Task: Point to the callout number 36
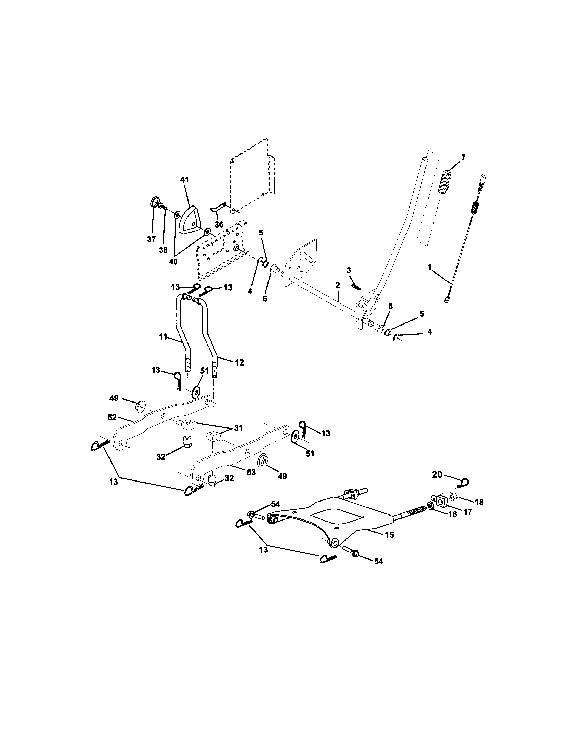click(x=219, y=224)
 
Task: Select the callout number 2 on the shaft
click(x=338, y=284)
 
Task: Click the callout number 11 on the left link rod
click(x=163, y=337)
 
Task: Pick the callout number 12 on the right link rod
click(x=239, y=363)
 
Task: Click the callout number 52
click(x=112, y=417)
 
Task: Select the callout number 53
click(x=251, y=472)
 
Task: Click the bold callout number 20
click(x=437, y=474)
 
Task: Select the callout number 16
click(x=452, y=514)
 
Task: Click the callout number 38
click(x=163, y=250)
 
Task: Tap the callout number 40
click(x=173, y=262)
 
